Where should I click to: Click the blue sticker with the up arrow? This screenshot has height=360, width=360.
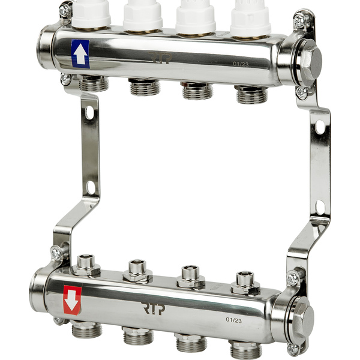click(80, 54)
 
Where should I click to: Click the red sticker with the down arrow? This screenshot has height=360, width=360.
click(73, 299)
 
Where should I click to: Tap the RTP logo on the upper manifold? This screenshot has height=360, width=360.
click(160, 58)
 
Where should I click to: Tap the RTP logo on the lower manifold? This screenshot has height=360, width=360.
click(153, 308)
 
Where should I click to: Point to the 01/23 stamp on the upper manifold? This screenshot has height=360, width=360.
click(241, 64)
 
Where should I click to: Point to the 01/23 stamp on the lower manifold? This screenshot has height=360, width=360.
click(234, 320)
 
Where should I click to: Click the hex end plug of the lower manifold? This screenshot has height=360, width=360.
click(302, 318)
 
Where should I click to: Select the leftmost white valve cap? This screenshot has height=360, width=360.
click(91, 14)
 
